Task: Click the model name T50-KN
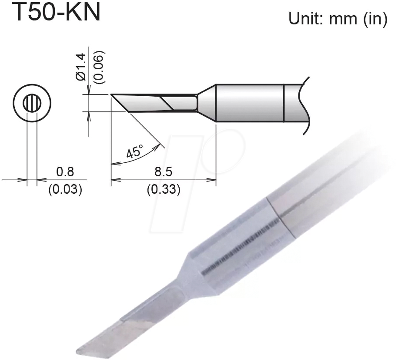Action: (x=56, y=12)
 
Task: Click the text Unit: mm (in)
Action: (x=338, y=19)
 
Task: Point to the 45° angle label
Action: (x=134, y=153)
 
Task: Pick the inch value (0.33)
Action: (x=163, y=190)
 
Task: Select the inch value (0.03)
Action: (x=65, y=190)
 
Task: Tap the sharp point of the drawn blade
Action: (x=112, y=95)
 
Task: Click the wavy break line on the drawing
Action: (x=305, y=104)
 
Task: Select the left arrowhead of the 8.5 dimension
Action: (x=114, y=179)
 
